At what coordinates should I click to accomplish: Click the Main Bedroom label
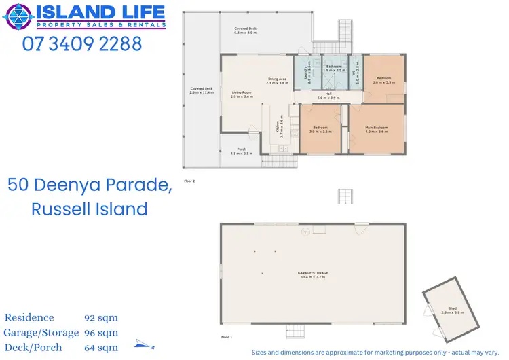click(x=377, y=128)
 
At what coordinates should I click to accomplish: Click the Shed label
click(x=443, y=310)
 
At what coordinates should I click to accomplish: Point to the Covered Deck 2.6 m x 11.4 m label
click(x=202, y=90)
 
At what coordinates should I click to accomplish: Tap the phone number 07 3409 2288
click(x=82, y=44)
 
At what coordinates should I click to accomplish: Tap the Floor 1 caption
click(x=227, y=337)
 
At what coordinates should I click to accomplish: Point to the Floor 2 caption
click(x=189, y=181)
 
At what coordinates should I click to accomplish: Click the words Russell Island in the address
click(x=90, y=209)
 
